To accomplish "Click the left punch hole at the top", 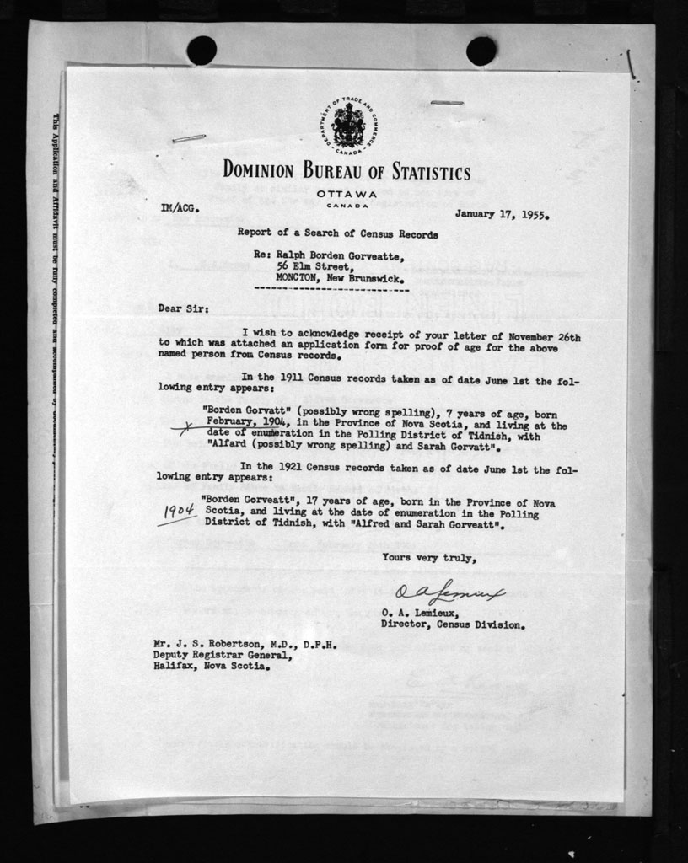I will coord(202,51).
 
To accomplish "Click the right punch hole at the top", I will coord(481,51).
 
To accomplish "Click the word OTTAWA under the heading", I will coord(347,194).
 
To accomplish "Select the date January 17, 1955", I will coord(502,214).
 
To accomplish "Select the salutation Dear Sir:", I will coord(180,308).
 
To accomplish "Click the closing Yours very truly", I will coord(429,558).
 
